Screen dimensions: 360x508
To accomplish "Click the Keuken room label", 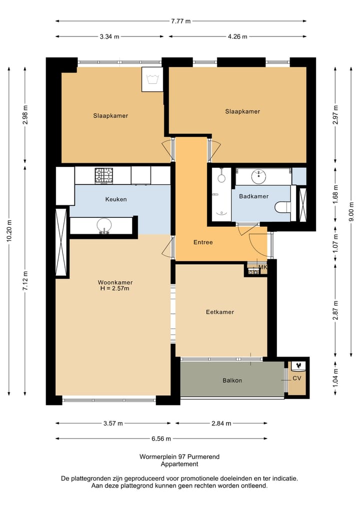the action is [x=116, y=199].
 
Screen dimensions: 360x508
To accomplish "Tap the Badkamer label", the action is [x=253, y=196].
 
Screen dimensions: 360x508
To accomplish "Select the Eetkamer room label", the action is [x=220, y=312].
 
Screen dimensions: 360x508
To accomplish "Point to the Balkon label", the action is [x=232, y=380].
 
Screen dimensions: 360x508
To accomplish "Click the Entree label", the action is [x=203, y=242].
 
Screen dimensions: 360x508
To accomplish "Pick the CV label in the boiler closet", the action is [x=297, y=378].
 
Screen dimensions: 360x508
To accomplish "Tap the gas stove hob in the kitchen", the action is [x=104, y=175].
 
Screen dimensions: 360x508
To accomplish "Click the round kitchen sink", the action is [x=104, y=225].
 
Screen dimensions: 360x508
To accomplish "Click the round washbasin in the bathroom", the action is [x=259, y=176].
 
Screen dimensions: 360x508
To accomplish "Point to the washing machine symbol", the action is [x=152, y=79].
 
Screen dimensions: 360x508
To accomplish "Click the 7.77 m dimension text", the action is [x=181, y=21].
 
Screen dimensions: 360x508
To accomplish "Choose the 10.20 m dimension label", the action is [x=9, y=230].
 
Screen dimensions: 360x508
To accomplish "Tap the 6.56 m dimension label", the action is [x=161, y=439].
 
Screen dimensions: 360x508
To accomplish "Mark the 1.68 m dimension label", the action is [x=335, y=194].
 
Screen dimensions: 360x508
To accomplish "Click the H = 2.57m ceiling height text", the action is [x=115, y=288].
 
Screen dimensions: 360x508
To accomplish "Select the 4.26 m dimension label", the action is [x=237, y=36].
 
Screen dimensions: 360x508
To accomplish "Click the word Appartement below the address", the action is [x=179, y=464].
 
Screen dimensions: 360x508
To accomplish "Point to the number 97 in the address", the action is [x=182, y=457].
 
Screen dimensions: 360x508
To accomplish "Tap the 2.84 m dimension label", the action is [x=221, y=423].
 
